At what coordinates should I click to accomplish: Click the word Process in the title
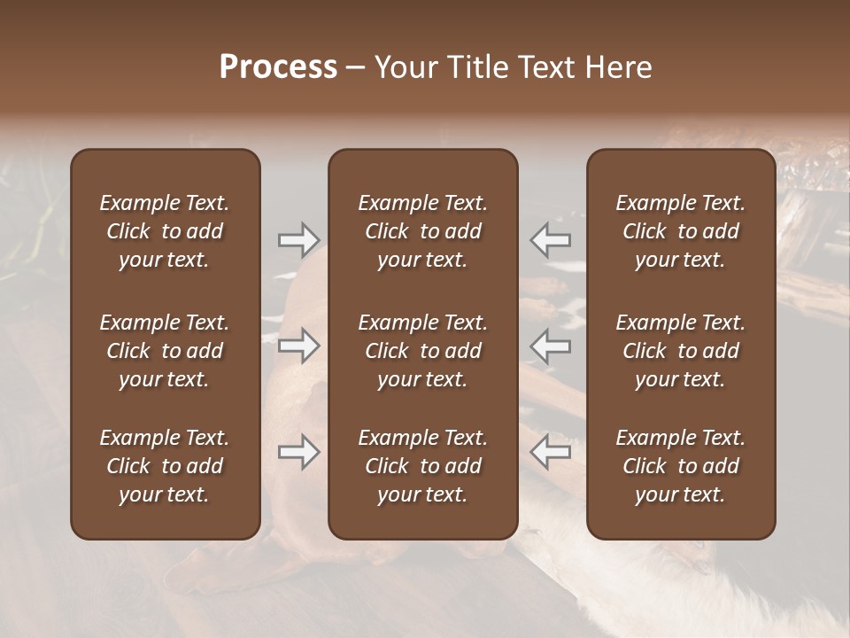coord(278,67)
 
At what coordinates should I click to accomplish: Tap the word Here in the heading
coord(619,67)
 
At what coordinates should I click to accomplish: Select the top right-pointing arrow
coord(298,239)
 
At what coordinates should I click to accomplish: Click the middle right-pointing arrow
coord(298,346)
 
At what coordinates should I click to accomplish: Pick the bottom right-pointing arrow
coord(298,452)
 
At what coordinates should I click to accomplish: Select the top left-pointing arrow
coord(551,239)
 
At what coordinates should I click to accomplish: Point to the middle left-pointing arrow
coord(551,346)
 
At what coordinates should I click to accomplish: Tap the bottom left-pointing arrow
coord(551,452)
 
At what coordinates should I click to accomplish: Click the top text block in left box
coord(165,231)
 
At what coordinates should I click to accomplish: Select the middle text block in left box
coord(165,351)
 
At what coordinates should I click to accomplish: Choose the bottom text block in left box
coord(165,466)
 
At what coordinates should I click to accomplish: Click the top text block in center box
coord(423,231)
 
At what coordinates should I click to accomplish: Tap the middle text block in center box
coord(423,351)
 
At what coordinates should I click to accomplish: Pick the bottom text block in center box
coord(423,466)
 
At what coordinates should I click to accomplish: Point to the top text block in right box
coord(681,231)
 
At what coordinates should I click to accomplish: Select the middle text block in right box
coord(681,351)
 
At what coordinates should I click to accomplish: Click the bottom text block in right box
coord(681,466)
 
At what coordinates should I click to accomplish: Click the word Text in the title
coord(545,67)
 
